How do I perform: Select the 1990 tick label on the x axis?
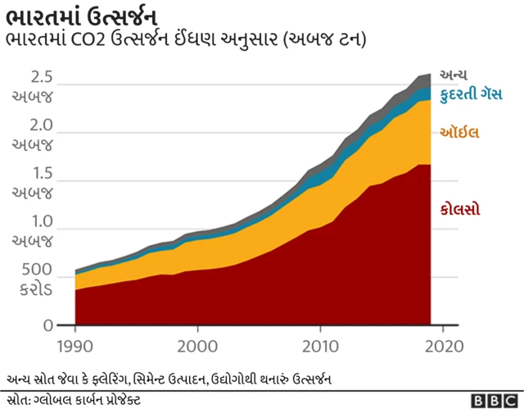coord(75,345)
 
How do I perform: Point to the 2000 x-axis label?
coord(197,345)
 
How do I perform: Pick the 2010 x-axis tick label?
coord(319,345)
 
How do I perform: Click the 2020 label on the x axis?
coord(443,345)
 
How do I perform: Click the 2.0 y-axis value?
coord(40,127)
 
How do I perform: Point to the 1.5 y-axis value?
coord(40,175)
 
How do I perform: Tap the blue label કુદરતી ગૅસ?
coord(471,95)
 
